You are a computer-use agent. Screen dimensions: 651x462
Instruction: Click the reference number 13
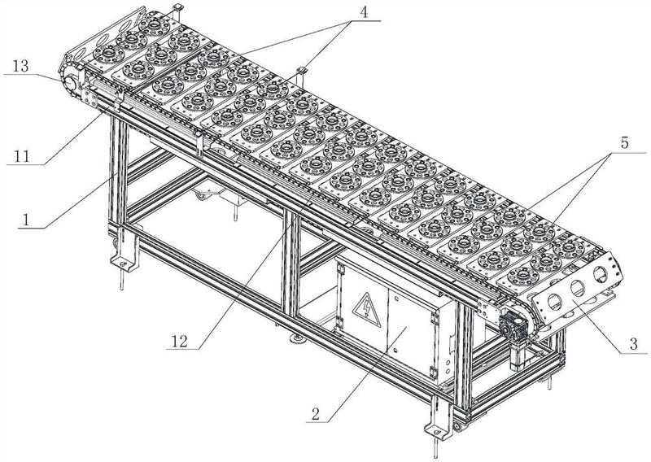coord(21,66)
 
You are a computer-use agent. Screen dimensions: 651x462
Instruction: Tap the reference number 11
coord(22,156)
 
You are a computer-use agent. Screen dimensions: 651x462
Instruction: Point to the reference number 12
coord(180,341)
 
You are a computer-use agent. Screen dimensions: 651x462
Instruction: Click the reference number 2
coord(316,413)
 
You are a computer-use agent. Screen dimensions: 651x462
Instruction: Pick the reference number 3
coord(634,344)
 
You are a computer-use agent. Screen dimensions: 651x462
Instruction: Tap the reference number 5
coord(624,143)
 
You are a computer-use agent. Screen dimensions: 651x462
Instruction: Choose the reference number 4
coord(364,12)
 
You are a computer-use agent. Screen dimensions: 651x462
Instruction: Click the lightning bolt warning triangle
coord(367,310)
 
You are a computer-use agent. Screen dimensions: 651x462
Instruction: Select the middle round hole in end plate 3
coord(577,288)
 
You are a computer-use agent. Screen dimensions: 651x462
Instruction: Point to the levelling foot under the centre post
coord(298,340)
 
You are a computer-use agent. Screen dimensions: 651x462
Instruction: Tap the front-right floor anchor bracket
coord(438,418)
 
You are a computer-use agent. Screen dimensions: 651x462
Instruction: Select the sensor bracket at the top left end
coord(177,9)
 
